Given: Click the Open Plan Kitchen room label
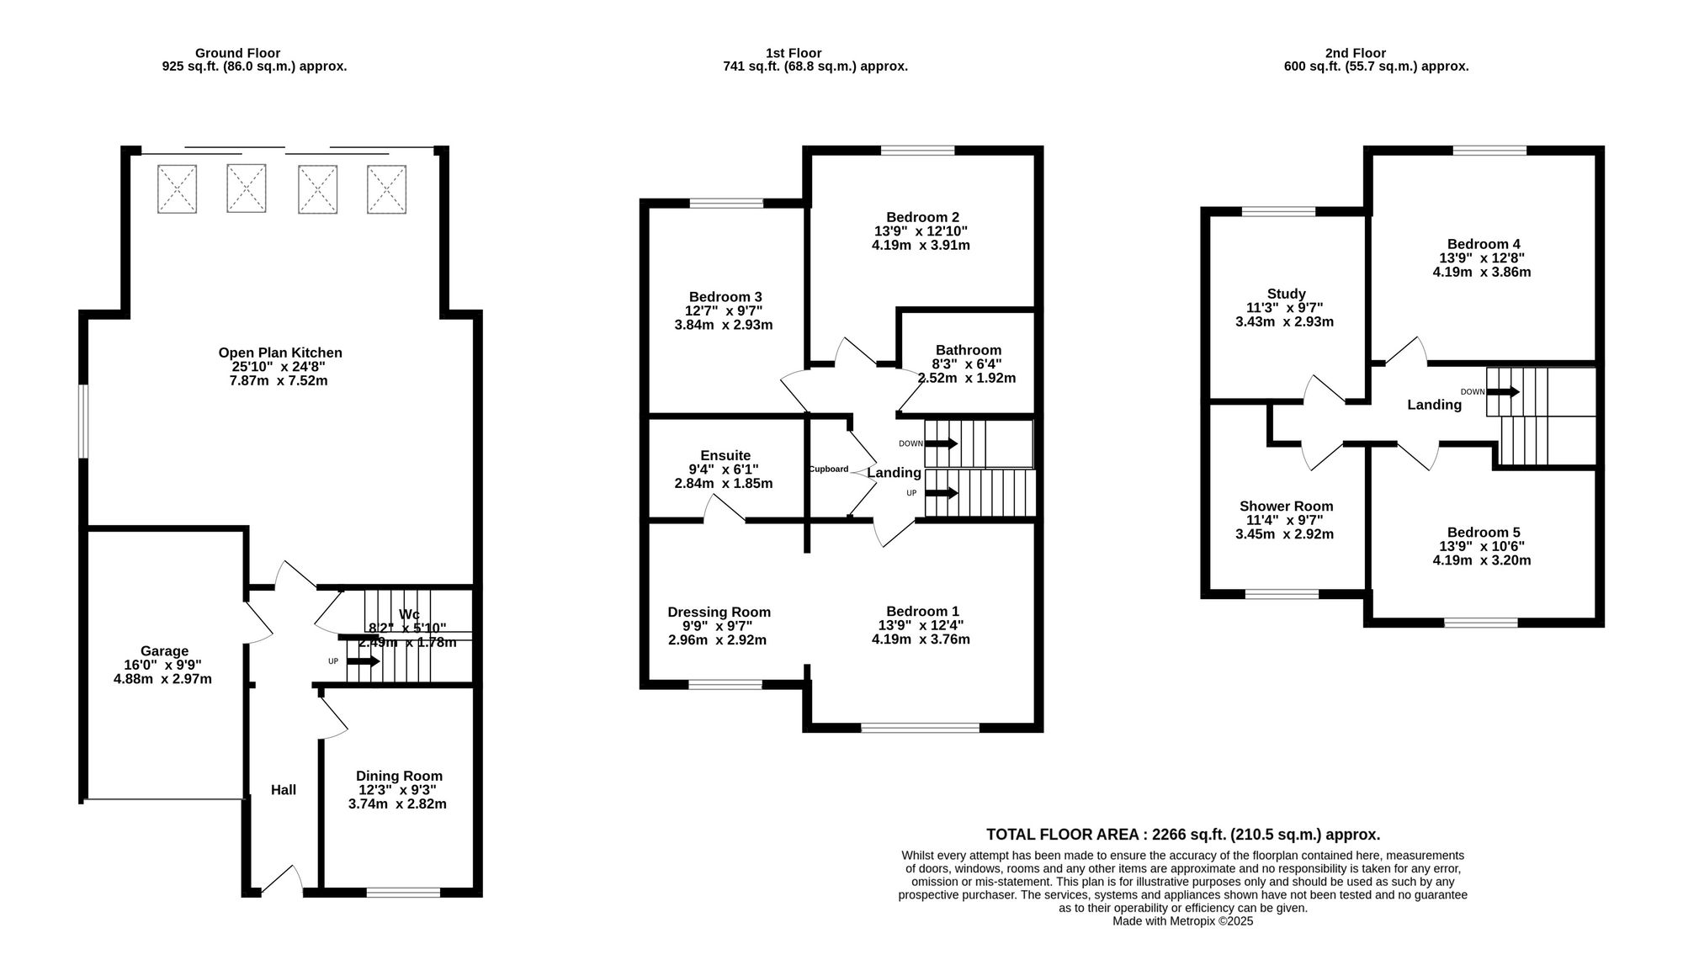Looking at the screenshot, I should coord(280,353).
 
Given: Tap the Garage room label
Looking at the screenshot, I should coord(164,651).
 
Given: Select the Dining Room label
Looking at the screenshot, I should coord(399,776).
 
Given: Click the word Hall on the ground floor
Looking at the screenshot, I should coord(284,790).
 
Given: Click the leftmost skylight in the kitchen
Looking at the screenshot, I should coord(177,188).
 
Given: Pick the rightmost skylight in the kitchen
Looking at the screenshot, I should coord(386,188).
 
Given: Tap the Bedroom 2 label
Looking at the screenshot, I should coord(922,217).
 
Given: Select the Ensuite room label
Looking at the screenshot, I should coord(725,456).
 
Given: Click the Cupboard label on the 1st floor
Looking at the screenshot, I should coord(829,469).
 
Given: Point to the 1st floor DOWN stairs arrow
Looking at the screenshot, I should coord(941,443).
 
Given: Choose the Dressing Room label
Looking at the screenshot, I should coord(719,613).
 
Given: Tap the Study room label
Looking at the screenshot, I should coord(1286,294).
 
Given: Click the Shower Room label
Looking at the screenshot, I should coord(1286,507).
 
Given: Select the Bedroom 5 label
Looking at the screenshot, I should coord(1483,533).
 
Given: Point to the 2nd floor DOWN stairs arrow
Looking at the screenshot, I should coord(1502,391).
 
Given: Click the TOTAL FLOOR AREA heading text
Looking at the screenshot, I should coord(1183,835).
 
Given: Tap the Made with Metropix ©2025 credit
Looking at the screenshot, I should coord(1183,921).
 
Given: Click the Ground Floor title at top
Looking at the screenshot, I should coord(238,53).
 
